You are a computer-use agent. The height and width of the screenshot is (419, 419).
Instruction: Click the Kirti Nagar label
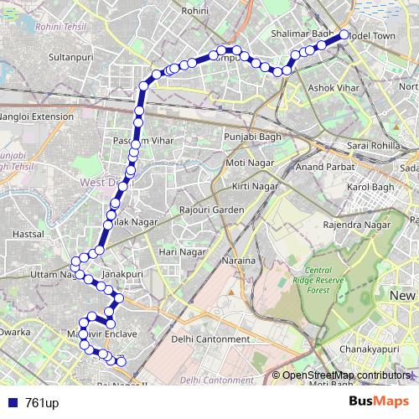[x=256, y=185]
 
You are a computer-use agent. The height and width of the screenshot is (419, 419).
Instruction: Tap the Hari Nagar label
[x=182, y=251]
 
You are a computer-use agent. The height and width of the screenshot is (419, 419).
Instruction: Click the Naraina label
[x=237, y=261]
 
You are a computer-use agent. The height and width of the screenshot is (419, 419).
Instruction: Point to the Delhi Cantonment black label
[x=209, y=339]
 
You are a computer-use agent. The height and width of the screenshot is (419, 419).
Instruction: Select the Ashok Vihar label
[x=333, y=87]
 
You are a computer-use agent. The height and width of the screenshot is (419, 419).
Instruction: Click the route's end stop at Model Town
[x=344, y=36]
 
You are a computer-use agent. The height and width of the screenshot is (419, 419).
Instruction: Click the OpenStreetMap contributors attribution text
[x=346, y=375]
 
